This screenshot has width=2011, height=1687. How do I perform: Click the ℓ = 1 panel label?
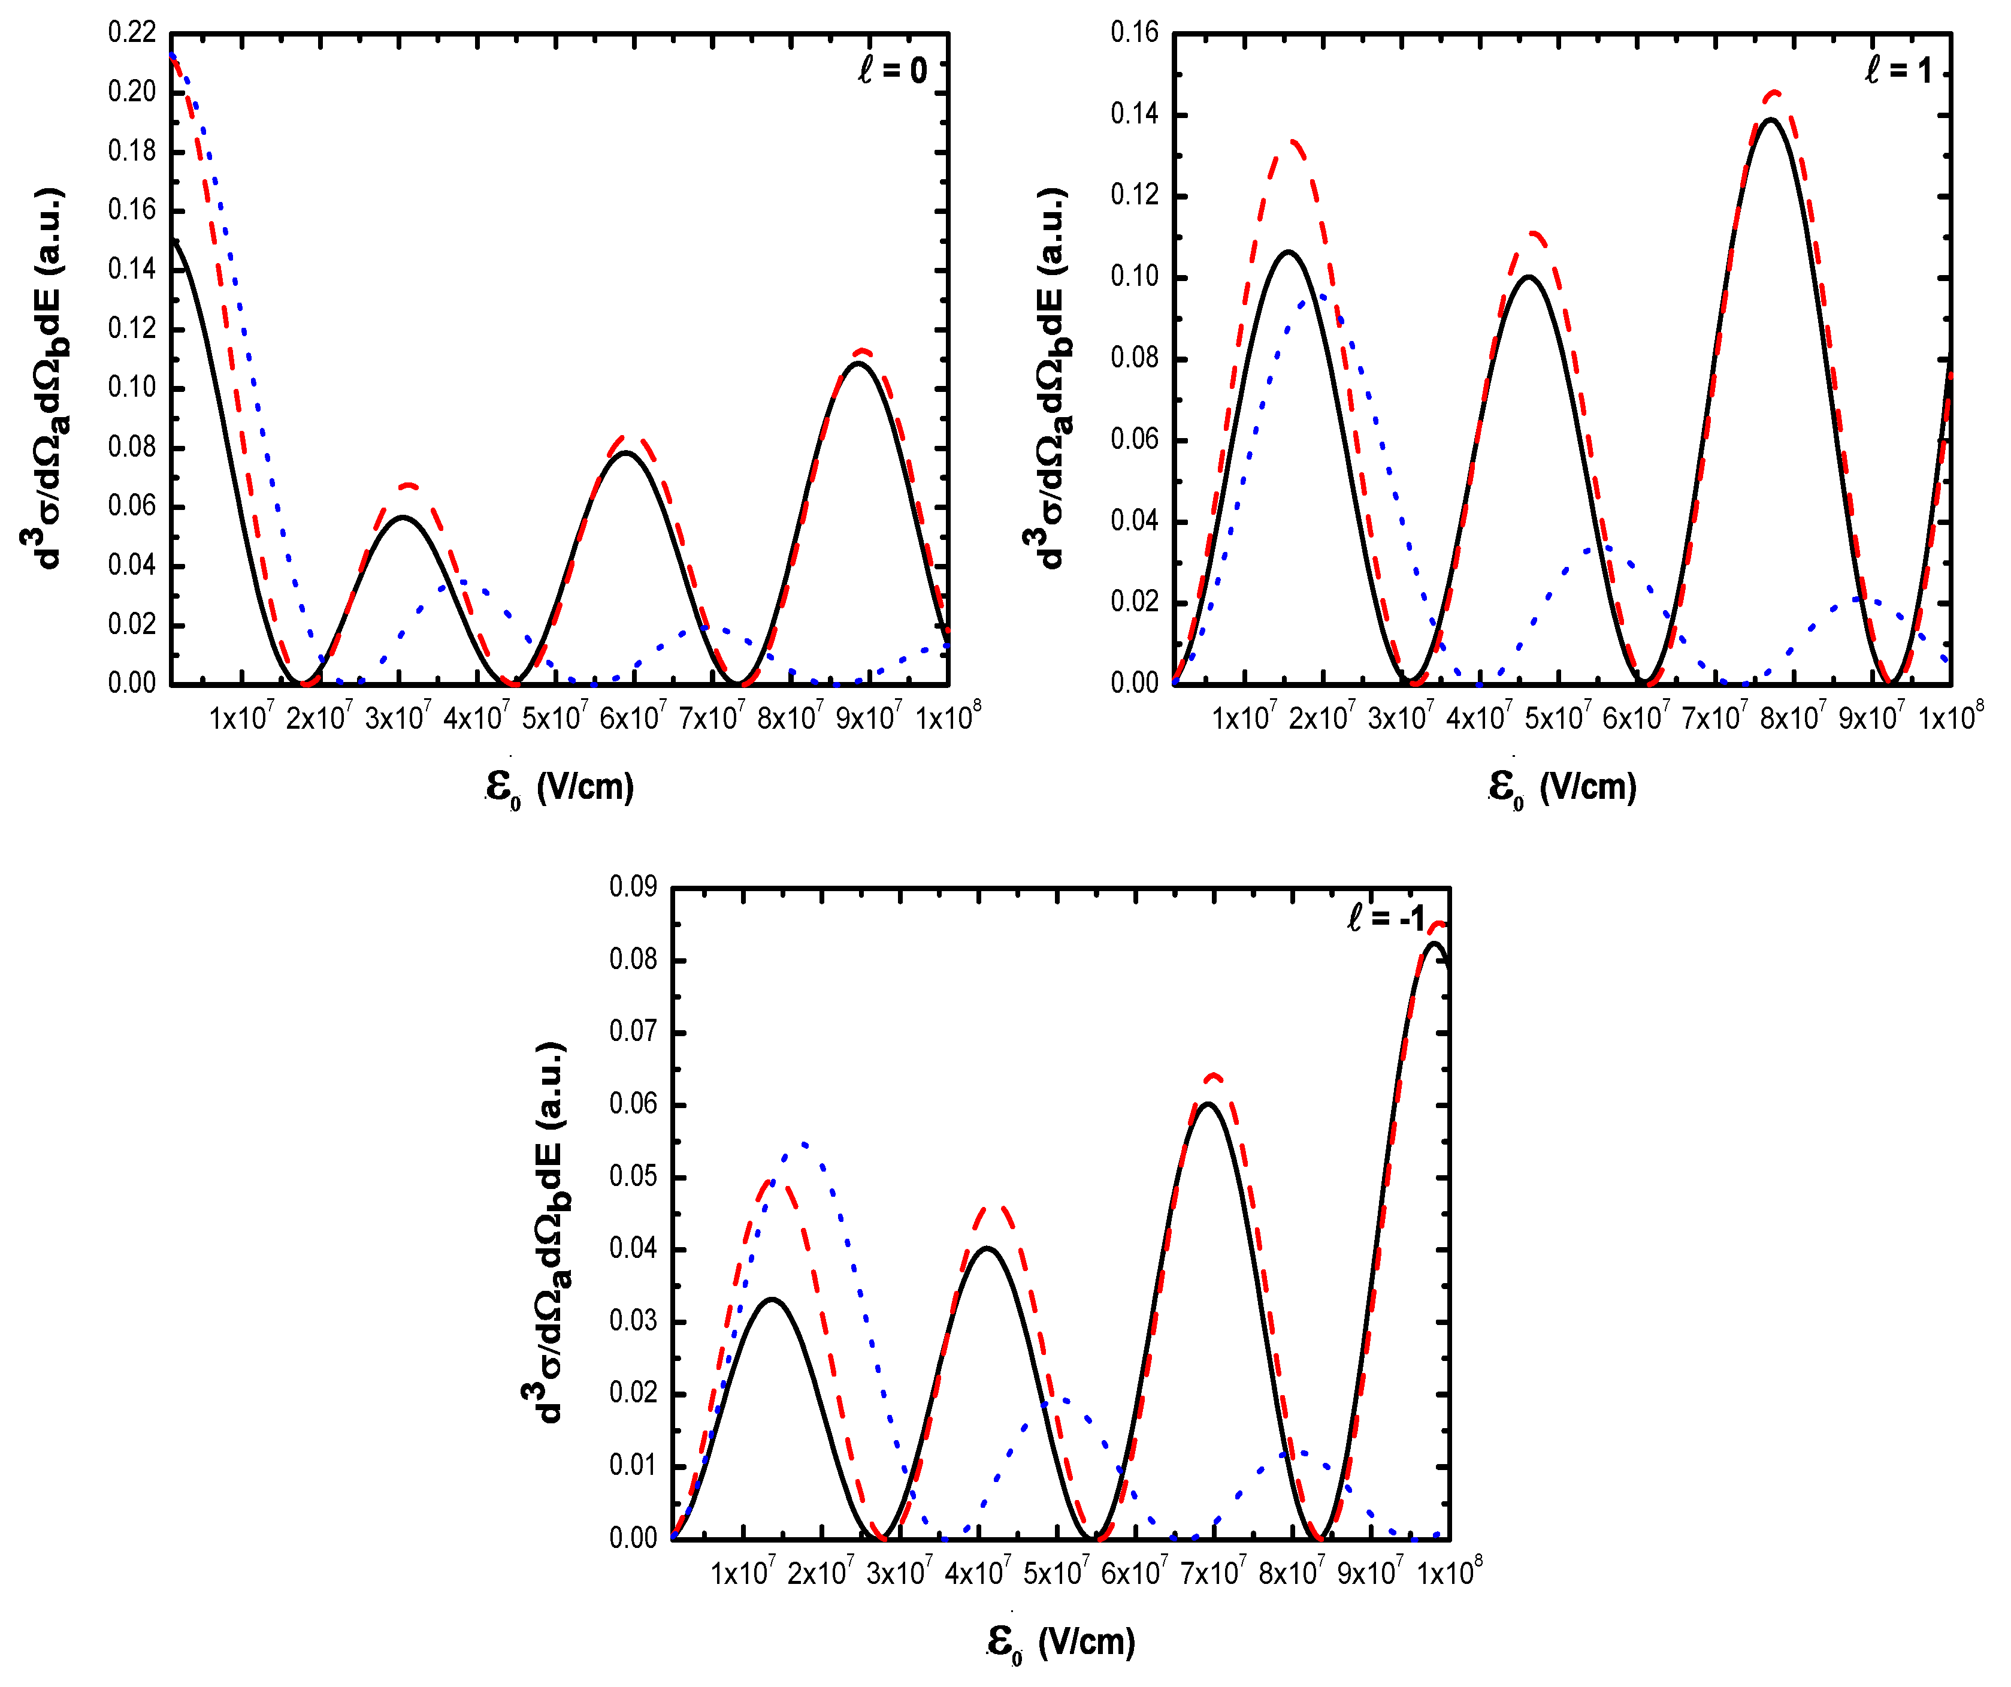(1897, 70)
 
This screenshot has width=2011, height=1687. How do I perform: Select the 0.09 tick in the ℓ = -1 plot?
(633, 887)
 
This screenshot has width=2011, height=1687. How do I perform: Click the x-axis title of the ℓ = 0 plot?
(560, 787)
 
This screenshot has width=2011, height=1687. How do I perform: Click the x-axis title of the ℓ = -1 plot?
(1061, 1642)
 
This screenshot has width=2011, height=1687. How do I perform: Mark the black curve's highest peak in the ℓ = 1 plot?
(1771, 120)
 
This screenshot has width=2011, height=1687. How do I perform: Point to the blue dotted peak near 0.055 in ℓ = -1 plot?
(803, 1143)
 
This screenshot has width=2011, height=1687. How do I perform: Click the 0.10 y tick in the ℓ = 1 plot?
(1134, 277)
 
